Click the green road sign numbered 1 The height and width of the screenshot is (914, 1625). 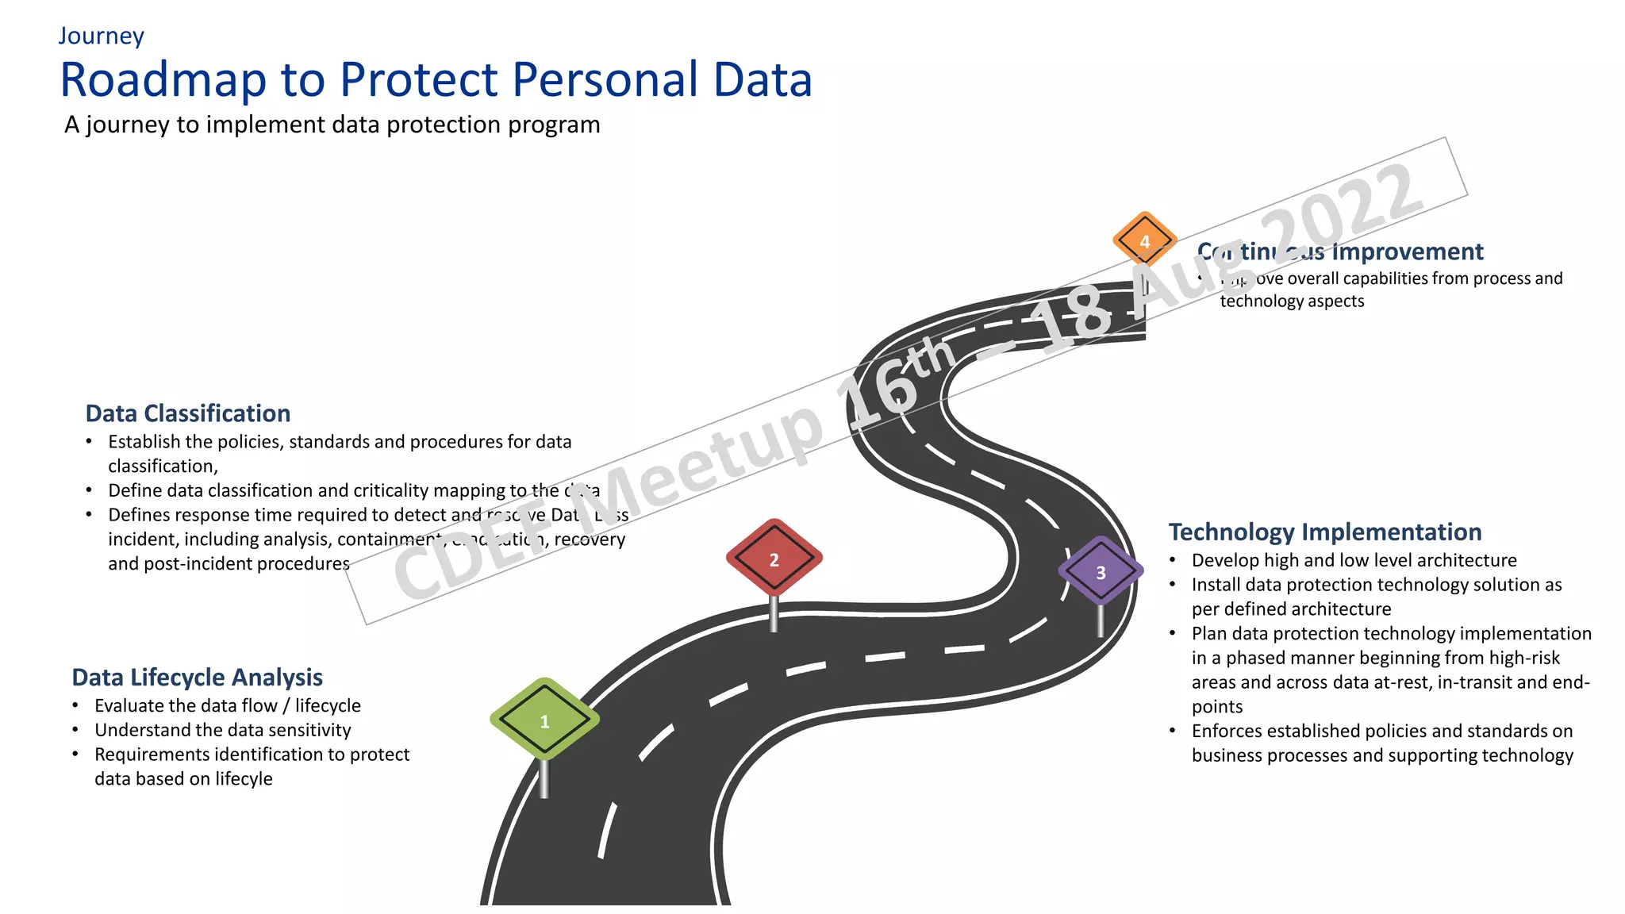tap(544, 720)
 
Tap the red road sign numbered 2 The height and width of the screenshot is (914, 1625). tap(774, 558)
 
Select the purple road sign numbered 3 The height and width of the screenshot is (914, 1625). tap(1101, 571)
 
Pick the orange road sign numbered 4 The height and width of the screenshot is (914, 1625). tap(1144, 240)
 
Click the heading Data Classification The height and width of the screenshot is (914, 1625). tap(188, 413)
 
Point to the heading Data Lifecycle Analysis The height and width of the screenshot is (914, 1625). tap(197, 678)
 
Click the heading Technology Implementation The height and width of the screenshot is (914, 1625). tap(1324, 532)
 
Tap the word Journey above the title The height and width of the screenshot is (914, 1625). tap(101, 36)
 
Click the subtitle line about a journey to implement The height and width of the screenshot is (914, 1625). tap(332, 125)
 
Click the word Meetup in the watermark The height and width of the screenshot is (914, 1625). tap(706, 468)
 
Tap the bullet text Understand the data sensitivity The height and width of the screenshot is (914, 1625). tap(222, 730)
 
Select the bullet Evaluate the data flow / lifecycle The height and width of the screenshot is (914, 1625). tap(227, 705)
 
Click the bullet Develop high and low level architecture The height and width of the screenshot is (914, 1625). tap(1354, 560)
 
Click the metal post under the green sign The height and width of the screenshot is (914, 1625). tap(544, 778)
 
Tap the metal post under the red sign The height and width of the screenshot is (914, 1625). tap(774, 613)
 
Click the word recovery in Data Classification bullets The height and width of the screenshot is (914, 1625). tap(590, 540)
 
